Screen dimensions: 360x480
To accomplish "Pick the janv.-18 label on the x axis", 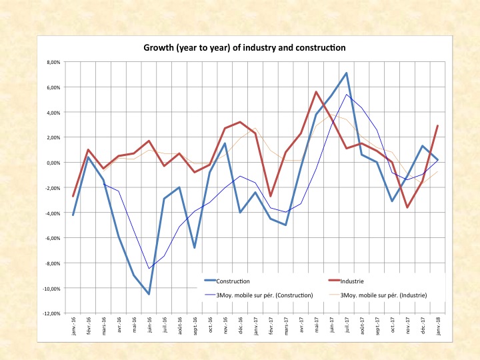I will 437,326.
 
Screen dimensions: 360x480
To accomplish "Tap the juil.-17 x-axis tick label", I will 346,326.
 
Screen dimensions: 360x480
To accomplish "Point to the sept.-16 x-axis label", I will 194,326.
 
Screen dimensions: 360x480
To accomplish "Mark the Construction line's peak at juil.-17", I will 346,73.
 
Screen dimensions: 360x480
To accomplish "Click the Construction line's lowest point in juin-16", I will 149,294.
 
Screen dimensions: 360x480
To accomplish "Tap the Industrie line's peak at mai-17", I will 315,92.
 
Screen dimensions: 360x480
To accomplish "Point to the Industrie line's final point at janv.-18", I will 437,126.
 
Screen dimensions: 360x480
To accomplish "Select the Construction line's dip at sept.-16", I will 194,248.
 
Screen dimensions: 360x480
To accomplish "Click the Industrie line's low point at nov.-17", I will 407,207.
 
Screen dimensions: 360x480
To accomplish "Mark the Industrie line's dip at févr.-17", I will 270,196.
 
